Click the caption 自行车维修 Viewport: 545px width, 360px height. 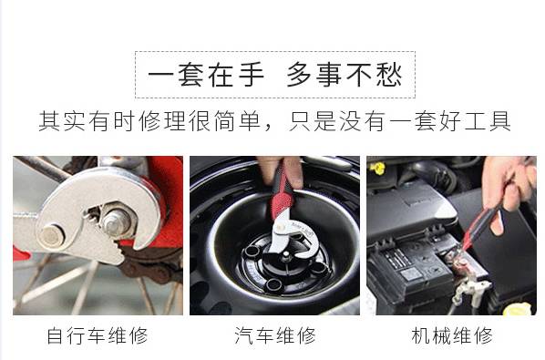[x=98, y=335]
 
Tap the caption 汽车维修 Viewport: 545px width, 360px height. [x=274, y=335]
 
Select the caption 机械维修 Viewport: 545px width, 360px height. [x=452, y=335]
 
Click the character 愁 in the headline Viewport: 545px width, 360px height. [x=389, y=75]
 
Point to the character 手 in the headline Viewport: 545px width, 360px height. [x=251, y=75]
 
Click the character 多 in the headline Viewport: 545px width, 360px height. [x=300, y=75]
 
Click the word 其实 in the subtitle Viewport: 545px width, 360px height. [x=62, y=121]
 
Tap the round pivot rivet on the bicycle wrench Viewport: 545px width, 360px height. [x=51, y=236]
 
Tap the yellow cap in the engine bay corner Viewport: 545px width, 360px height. [x=518, y=309]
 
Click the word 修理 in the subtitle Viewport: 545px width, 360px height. [x=162, y=121]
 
